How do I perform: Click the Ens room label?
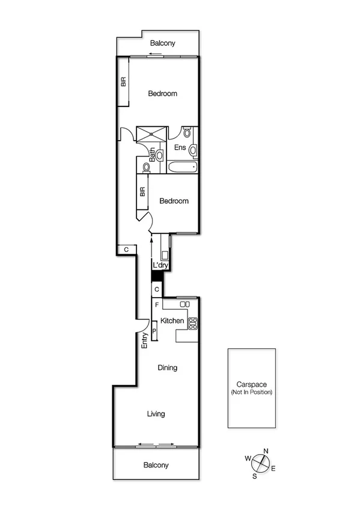point(180,147)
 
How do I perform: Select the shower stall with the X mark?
point(151,134)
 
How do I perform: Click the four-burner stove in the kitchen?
point(193,324)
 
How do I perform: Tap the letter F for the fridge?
point(157,306)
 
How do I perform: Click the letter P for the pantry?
point(154,331)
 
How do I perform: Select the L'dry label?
point(160,265)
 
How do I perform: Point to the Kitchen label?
point(172,321)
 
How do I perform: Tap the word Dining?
point(167,367)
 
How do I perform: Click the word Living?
point(156,414)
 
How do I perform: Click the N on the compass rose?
point(266,452)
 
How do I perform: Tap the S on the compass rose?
point(254,476)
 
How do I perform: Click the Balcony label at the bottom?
point(156,465)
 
